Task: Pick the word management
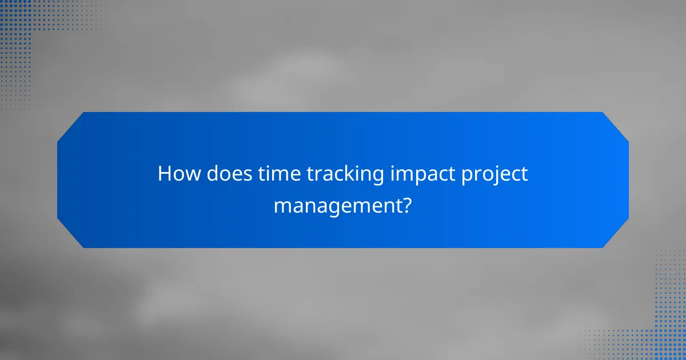[337, 205]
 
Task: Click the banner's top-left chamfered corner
[70, 125]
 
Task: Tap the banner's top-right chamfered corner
[616, 125]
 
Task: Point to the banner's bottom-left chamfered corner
[70, 234]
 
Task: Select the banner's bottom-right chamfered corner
[616, 234]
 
